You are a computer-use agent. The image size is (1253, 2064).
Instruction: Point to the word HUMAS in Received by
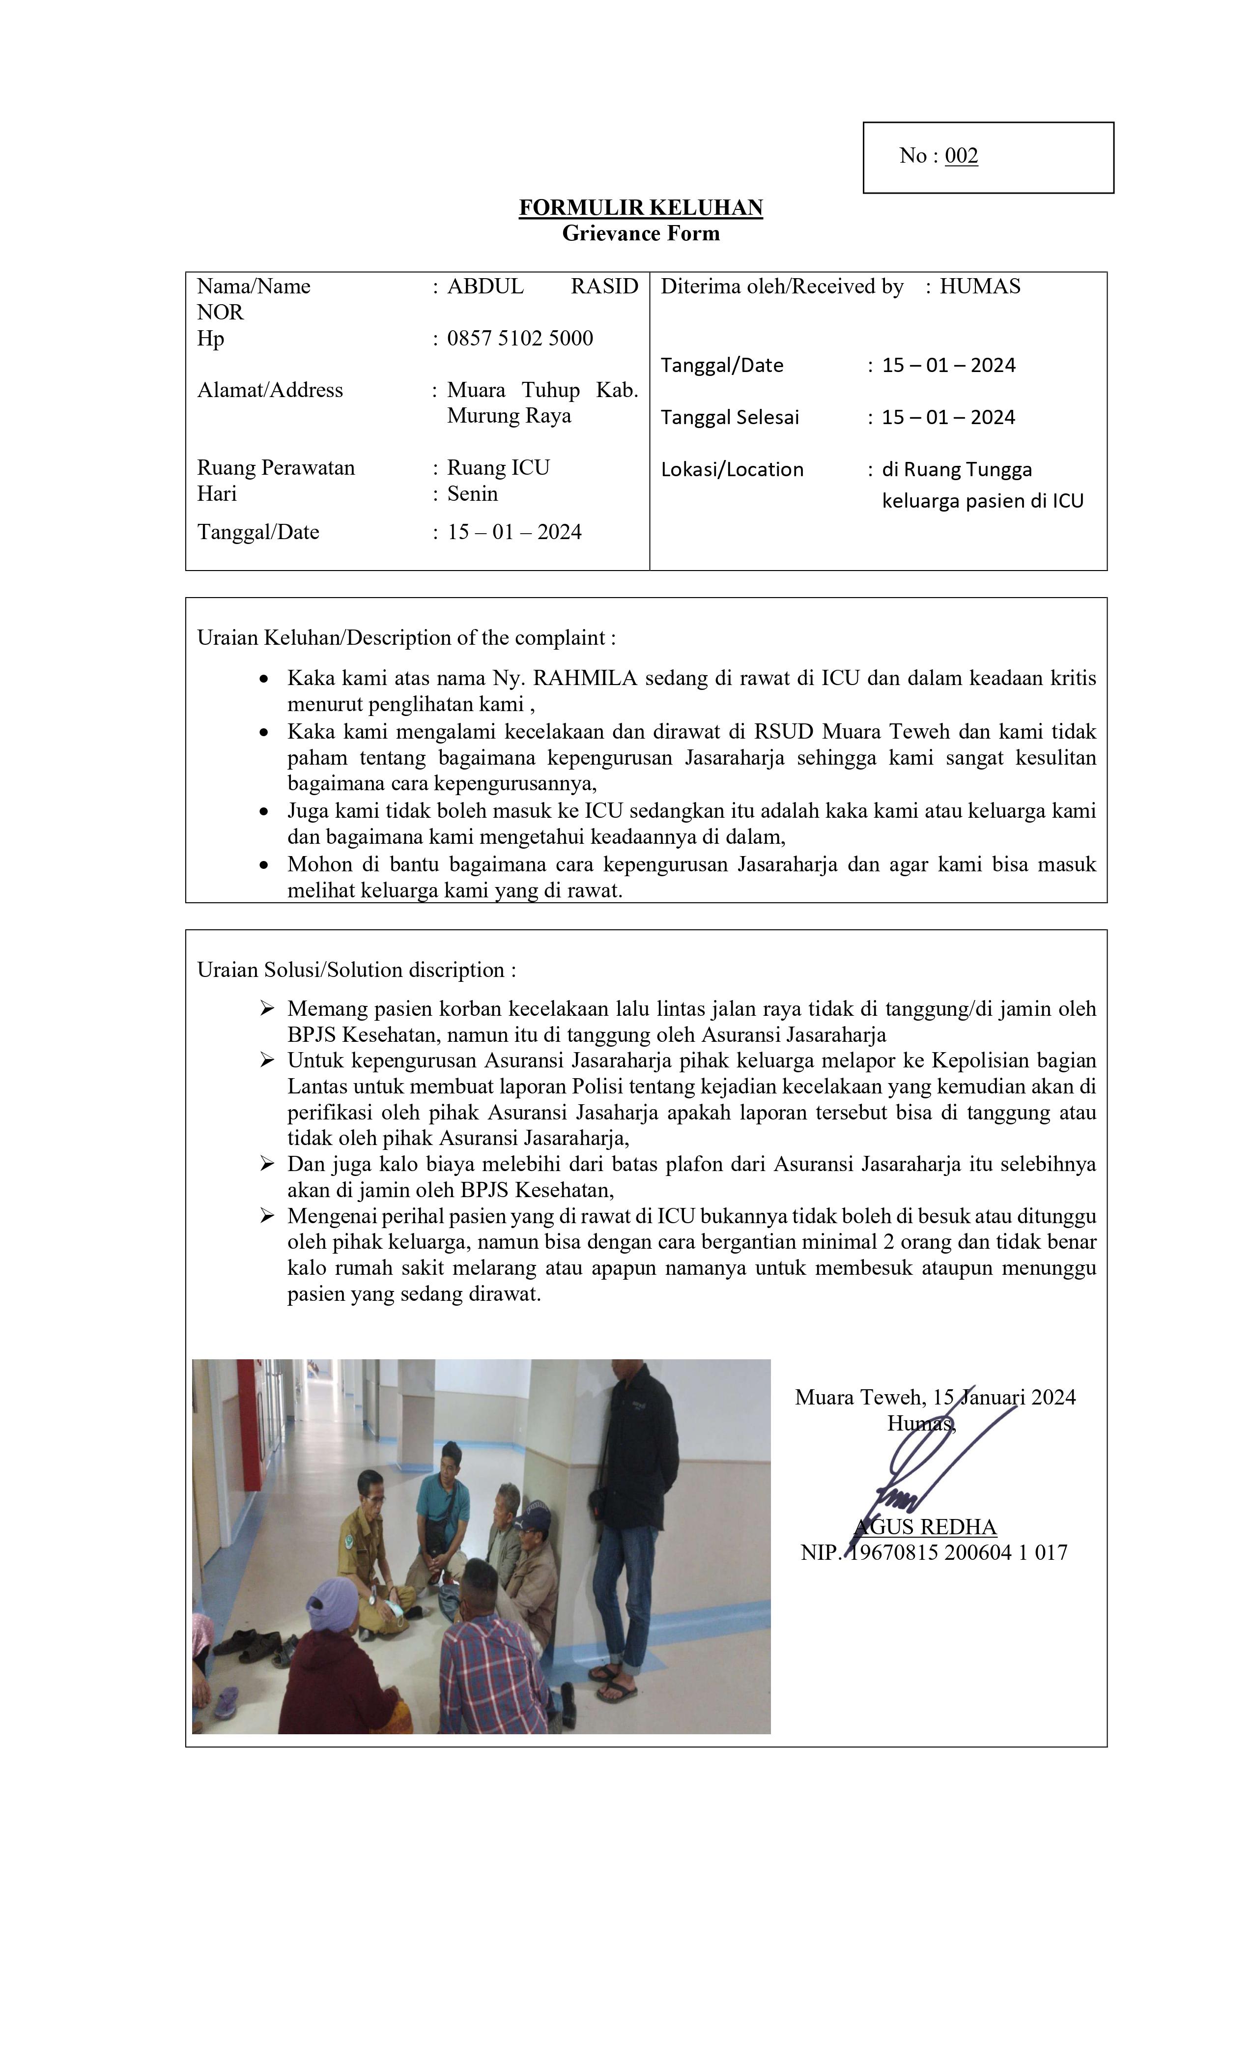pos(979,287)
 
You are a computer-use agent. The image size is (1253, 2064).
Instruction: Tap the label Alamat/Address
pos(270,390)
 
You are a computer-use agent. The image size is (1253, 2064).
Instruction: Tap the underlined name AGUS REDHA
pos(926,1526)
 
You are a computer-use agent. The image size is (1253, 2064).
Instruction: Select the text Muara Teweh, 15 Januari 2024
pos(935,1397)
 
